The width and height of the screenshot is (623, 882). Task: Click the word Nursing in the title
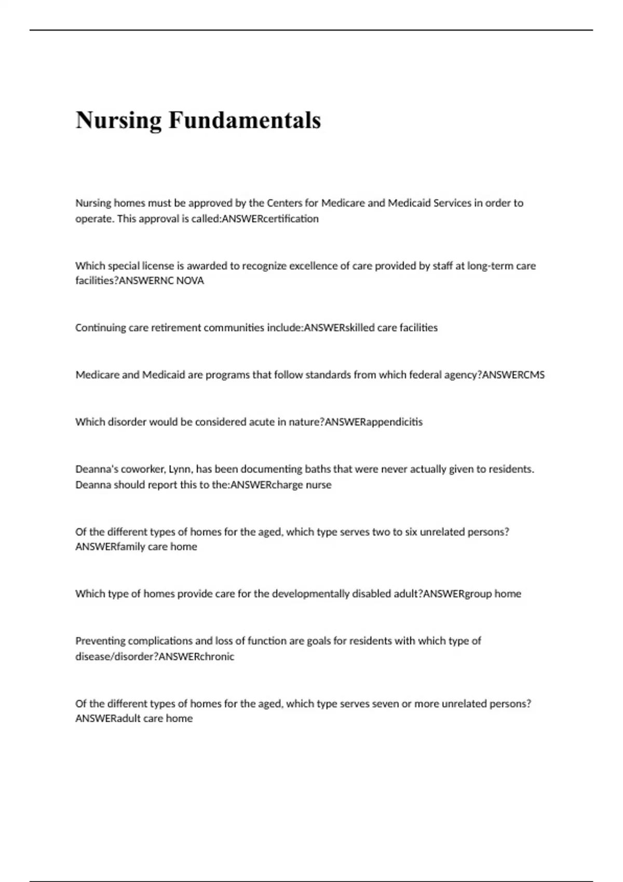(119, 121)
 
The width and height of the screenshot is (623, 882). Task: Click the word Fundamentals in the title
(245, 121)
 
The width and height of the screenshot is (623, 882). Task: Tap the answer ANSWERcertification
(270, 219)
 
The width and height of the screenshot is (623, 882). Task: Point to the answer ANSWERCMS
(513, 375)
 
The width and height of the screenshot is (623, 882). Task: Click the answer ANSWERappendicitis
(373, 422)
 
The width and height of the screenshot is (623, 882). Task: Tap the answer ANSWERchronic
(196, 656)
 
